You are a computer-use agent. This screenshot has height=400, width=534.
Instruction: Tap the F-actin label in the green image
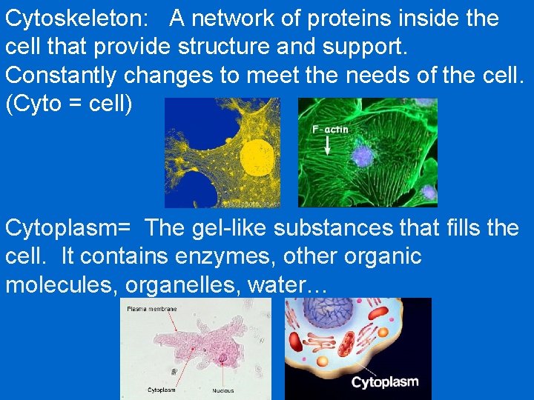[x=330, y=130]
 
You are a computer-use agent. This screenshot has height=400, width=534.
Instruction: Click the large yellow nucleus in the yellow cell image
[x=259, y=156]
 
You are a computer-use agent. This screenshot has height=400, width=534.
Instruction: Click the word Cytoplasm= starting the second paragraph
[x=71, y=229]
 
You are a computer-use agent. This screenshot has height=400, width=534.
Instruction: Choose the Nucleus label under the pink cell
[x=222, y=390]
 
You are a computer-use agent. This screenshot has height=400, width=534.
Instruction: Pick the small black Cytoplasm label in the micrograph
[x=161, y=389]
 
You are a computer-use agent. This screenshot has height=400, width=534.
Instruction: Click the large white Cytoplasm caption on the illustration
[x=384, y=382]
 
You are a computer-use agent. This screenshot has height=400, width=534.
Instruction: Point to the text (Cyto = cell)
[x=69, y=104]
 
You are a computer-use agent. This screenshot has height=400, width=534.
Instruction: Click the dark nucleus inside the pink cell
[x=223, y=359]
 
